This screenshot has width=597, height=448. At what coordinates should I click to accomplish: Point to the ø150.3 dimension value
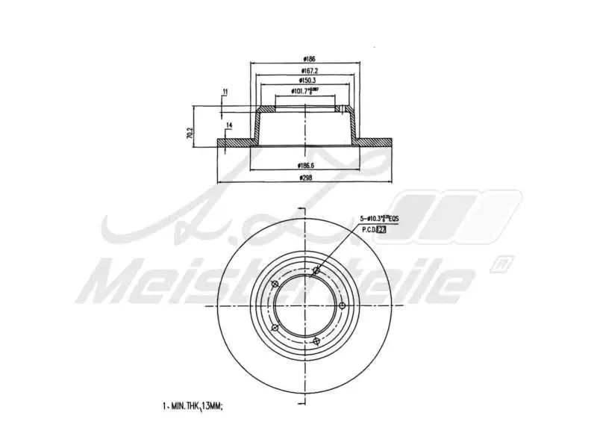(x=306, y=81)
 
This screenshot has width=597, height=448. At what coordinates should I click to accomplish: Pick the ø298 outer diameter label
(x=306, y=178)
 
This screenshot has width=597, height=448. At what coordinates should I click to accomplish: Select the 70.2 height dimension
(x=191, y=133)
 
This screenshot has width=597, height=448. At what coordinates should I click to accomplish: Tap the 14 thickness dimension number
(x=229, y=124)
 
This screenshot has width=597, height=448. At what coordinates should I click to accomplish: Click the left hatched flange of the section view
(x=235, y=142)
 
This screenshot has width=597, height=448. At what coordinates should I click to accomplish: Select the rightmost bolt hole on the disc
(x=343, y=305)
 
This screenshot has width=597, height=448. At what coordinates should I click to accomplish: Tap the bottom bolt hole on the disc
(x=317, y=340)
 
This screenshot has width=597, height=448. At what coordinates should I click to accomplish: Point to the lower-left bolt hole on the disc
(x=275, y=329)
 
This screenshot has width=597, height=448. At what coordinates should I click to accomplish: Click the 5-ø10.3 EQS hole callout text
(x=380, y=218)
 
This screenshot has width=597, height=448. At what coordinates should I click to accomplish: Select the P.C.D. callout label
(x=374, y=231)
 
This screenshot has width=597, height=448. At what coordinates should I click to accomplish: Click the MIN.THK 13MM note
(x=193, y=405)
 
